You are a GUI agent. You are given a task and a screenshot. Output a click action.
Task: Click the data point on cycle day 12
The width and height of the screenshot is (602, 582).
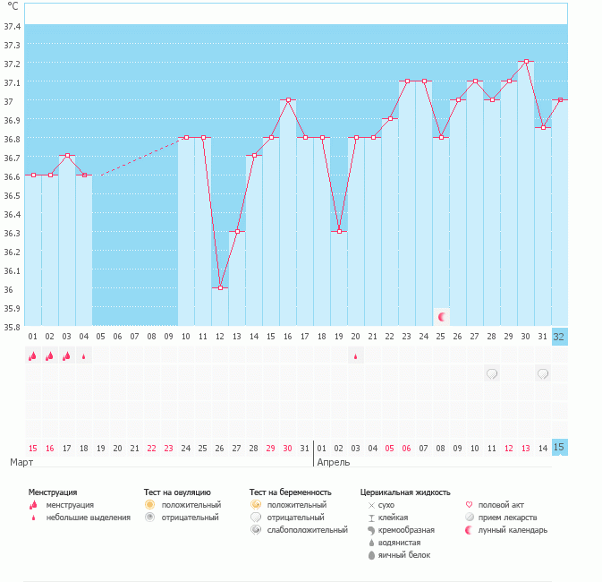coord(220,287)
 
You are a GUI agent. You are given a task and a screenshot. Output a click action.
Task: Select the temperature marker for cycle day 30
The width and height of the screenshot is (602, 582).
coord(526,61)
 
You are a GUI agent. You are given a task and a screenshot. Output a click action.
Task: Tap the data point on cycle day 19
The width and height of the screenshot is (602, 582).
coord(339,232)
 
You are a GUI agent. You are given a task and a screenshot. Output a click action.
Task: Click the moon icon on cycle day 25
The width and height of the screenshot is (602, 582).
coord(441,316)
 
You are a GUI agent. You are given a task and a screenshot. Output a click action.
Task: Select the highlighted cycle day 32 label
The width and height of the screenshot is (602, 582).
coord(559,337)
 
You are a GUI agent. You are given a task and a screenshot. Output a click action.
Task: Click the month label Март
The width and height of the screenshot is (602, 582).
coord(21,462)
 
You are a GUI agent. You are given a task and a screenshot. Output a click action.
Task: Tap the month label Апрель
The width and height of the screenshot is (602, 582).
coord(334,462)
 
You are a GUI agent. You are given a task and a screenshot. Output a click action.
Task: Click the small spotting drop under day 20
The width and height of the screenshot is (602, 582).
coord(356,355)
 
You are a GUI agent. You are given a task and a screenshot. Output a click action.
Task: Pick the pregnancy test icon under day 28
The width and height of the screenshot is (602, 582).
coord(492,372)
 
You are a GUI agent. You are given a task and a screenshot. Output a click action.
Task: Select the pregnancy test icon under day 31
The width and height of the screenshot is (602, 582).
coord(543,372)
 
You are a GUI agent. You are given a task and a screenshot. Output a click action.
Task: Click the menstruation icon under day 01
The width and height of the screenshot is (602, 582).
coord(32,355)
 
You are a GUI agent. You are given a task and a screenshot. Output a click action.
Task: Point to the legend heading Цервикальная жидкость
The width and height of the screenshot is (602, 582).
coord(404,492)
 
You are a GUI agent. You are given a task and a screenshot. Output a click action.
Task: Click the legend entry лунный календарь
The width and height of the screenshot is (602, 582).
coord(513,530)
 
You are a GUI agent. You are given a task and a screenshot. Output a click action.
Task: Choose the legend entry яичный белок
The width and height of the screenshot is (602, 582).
coord(403,555)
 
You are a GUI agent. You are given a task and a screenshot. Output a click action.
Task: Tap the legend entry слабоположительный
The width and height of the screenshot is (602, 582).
coord(309,530)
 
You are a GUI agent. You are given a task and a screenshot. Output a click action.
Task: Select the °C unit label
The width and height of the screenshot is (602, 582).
coord(13,7)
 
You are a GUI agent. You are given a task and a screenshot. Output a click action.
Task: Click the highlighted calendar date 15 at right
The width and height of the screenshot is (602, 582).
coord(559,448)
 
